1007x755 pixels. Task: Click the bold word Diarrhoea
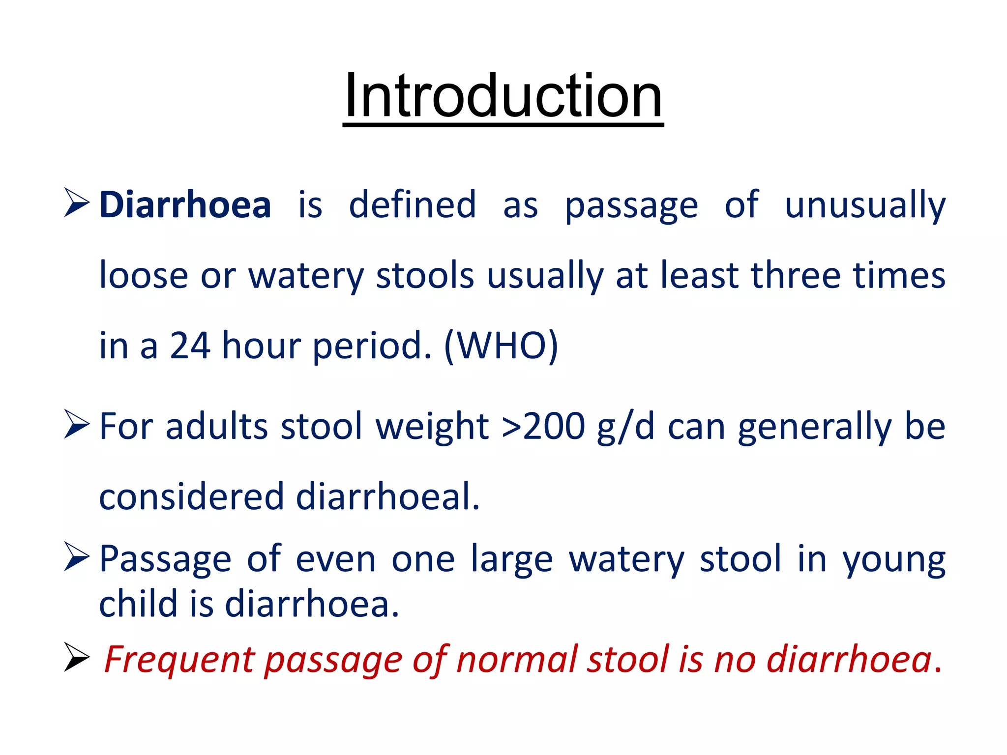pos(185,205)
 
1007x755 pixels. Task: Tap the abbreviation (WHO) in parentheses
pos(501,346)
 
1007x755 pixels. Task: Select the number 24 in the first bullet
pos(190,346)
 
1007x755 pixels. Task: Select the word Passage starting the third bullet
pos(165,560)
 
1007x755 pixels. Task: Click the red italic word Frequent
pos(179,660)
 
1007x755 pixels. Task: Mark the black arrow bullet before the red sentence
pos(77,658)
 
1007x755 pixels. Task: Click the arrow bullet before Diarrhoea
pos(77,203)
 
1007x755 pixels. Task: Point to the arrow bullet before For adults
pos(77,425)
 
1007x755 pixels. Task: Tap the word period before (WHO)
pos(372,347)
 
